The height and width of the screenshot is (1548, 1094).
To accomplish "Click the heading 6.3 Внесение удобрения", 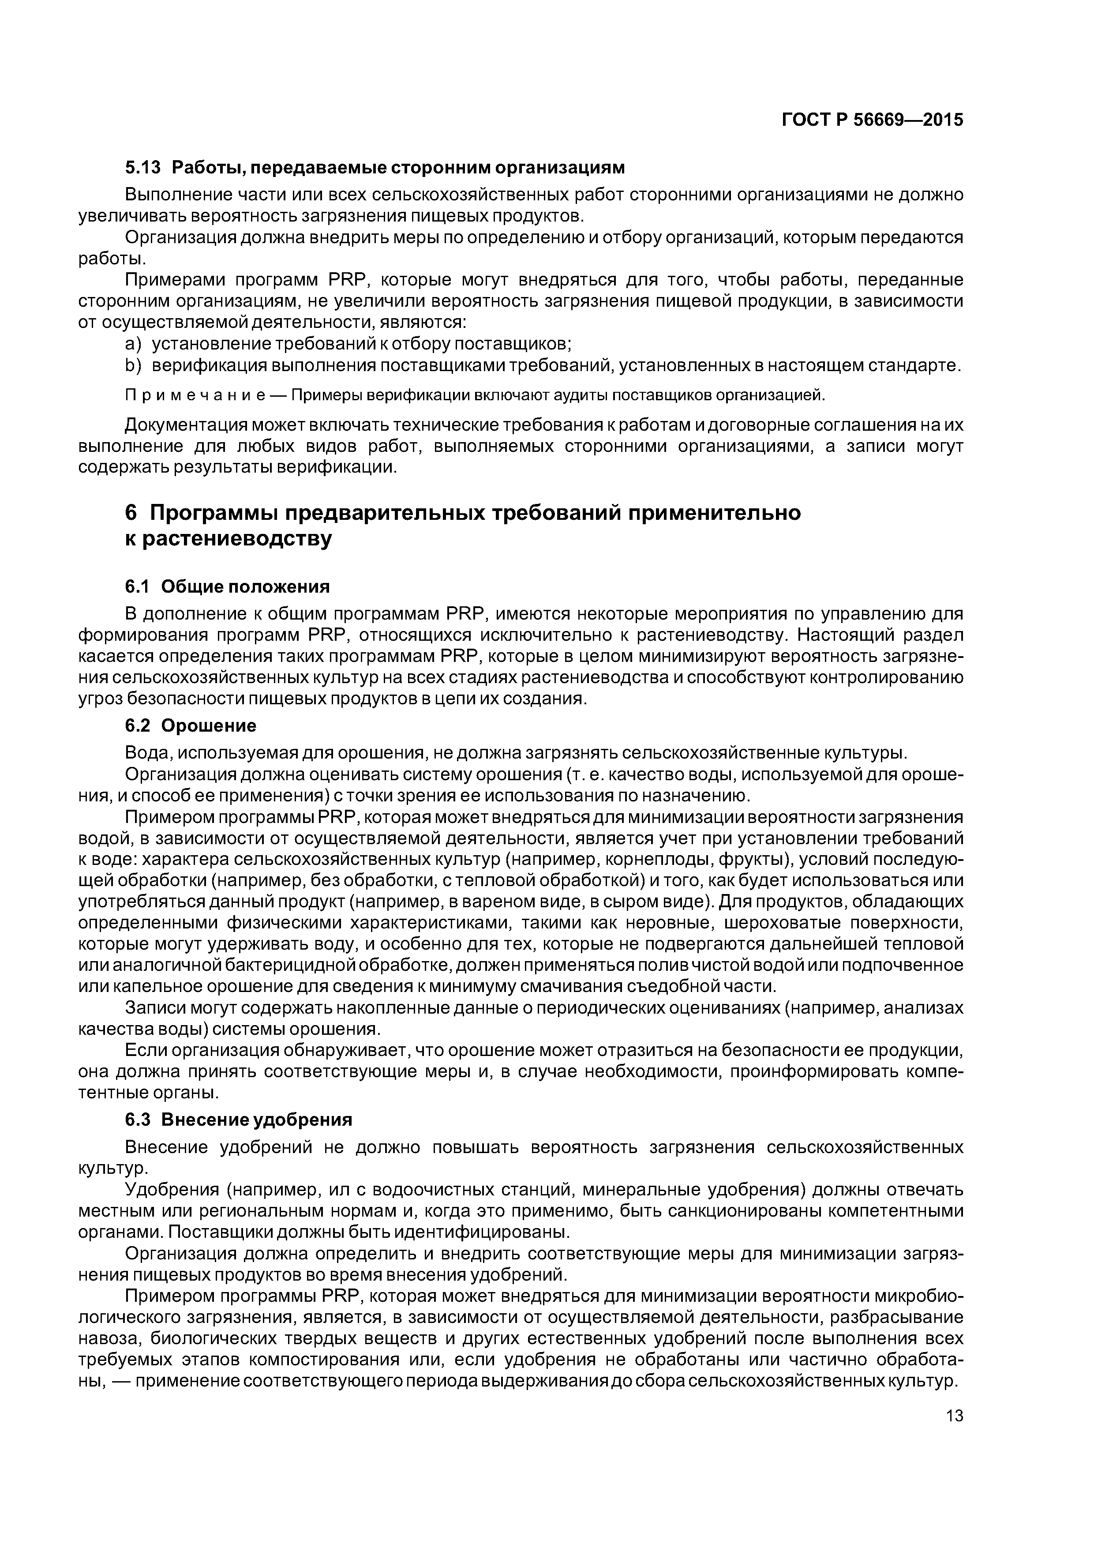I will [239, 1120].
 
